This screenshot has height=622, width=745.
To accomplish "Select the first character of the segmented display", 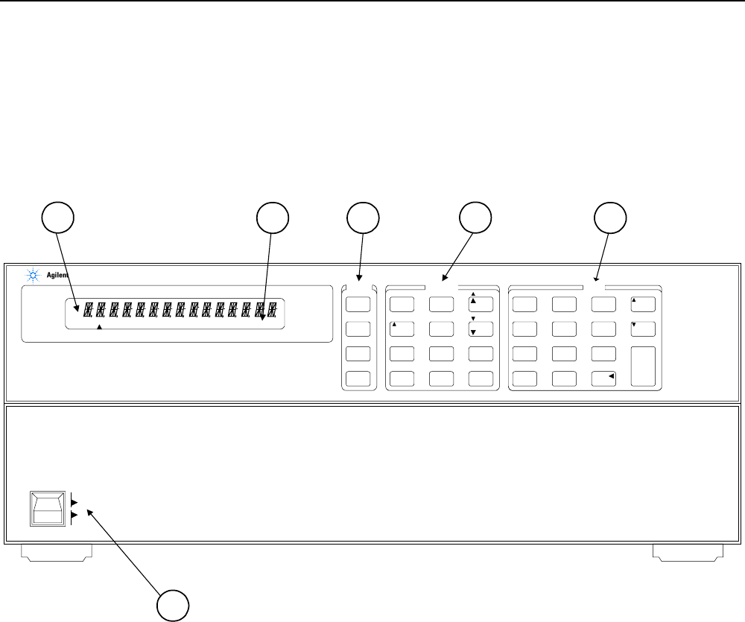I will (88, 308).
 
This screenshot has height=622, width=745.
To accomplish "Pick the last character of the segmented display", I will (274, 308).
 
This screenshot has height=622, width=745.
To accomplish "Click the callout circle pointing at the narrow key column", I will (363, 217).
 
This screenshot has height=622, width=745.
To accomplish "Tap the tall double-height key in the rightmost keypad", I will (643, 366).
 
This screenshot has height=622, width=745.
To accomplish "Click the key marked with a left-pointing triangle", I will (604, 378).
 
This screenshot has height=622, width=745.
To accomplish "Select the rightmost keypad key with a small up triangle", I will (643, 304).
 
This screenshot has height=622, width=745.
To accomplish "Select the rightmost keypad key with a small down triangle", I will (643, 329).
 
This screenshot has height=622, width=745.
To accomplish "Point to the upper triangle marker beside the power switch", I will (73, 503).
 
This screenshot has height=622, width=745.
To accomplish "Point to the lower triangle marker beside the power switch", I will (73, 515).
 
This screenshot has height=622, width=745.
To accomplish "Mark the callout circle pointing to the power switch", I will (173, 605).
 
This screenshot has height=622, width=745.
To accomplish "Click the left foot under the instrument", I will (56, 552).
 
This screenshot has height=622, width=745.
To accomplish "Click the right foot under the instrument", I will (688, 552).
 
